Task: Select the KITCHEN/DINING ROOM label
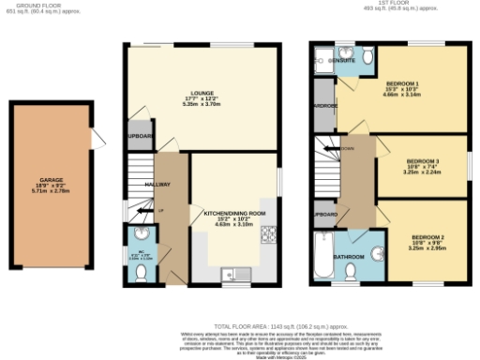(x=235, y=214)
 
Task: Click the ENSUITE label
(x=342, y=60)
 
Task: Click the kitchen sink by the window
(x=232, y=275)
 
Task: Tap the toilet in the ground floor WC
(x=140, y=270)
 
